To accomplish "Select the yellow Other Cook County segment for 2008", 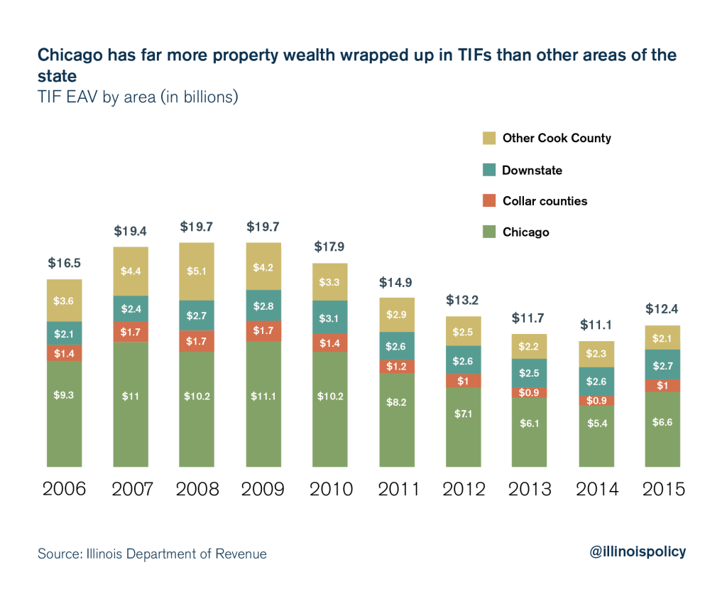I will pyautogui.click(x=197, y=271).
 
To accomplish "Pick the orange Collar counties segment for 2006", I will pyautogui.click(x=65, y=352).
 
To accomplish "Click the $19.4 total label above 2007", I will pyautogui.click(x=131, y=231).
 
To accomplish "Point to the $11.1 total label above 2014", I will pyautogui.click(x=596, y=325).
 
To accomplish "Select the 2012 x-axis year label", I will pyautogui.click(x=464, y=490).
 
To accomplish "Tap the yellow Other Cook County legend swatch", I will pyautogui.click(x=488, y=139).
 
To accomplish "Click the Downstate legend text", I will pyautogui.click(x=532, y=170).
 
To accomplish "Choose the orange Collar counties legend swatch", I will pyautogui.click(x=488, y=201).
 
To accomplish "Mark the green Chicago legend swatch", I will pyautogui.click(x=488, y=232).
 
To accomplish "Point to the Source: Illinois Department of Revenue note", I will pyautogui.click(x=153, y=554).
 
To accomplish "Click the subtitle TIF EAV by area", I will pyautogui.click(x=138, y=97).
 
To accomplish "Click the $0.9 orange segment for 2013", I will pyautogui.click(x=530, y=392).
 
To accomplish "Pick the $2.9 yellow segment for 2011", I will pyautogui.click(x=397, y=314).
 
